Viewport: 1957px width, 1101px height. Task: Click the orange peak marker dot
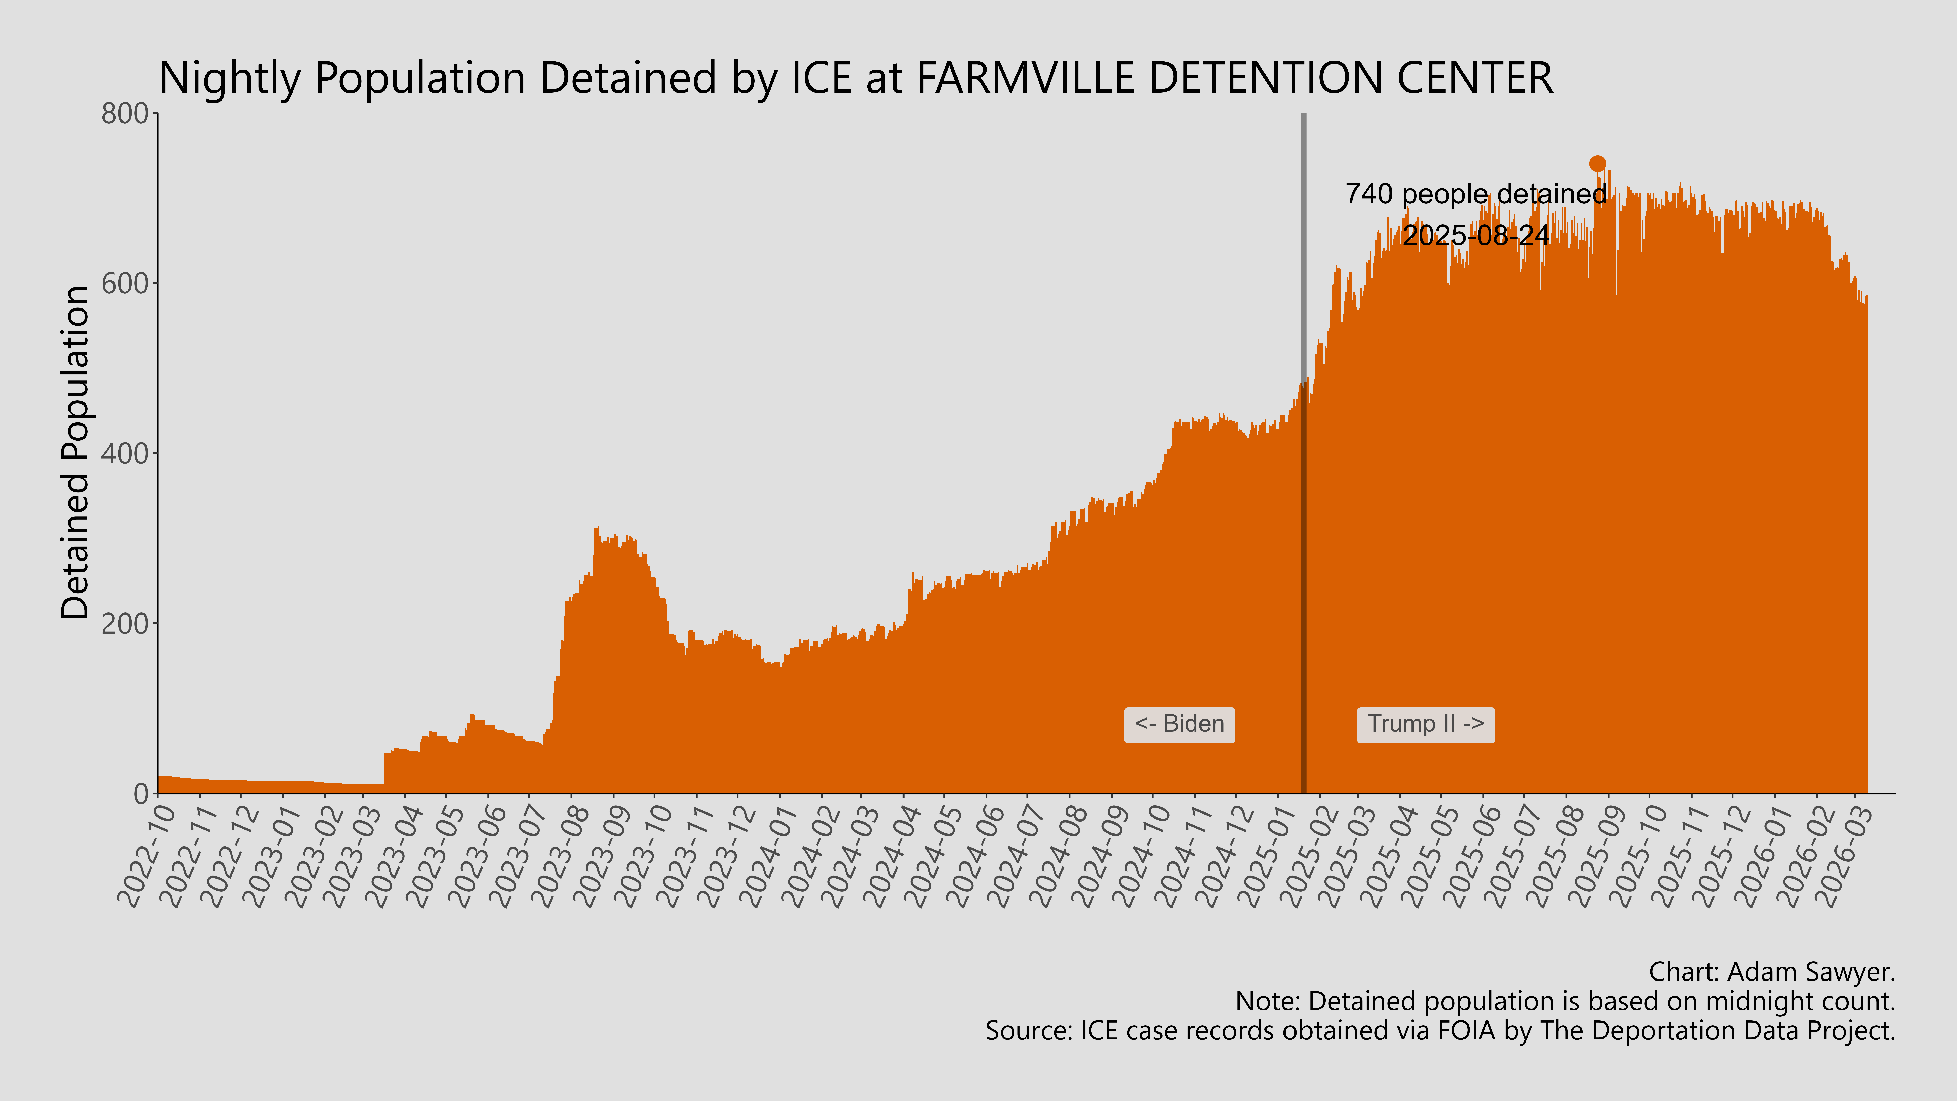1598,164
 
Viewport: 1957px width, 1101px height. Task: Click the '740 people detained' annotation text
1475,195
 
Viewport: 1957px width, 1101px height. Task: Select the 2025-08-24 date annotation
1475,235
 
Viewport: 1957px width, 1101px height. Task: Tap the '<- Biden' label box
1179,724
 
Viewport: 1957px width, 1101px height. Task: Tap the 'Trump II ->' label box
1425,724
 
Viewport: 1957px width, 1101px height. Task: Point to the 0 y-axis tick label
140,794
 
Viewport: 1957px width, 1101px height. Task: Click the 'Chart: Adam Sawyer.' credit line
1772,972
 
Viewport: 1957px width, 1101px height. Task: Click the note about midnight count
1565,1002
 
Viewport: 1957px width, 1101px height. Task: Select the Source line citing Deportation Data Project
1440,1031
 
